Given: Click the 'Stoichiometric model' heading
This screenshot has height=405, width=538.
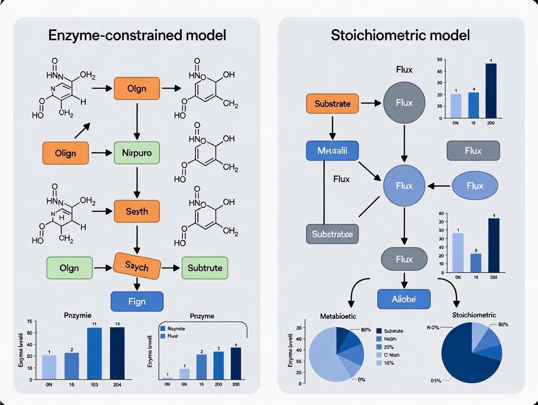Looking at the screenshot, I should coord(400,36).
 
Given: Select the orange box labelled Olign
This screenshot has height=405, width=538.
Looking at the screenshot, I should coord(66,153).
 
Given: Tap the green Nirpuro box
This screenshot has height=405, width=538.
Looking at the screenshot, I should coord(136,153).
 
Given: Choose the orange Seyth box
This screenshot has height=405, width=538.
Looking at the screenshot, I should coord(136,212).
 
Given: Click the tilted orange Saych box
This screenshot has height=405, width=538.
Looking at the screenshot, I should coord(136,266).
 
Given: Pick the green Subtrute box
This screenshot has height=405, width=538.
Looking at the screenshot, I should coord(205,268).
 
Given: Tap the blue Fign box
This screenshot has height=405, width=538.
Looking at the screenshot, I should coord(137,301).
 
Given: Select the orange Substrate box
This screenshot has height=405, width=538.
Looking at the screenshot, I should coord(332,103).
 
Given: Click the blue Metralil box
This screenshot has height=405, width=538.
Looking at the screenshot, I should coord(332,150).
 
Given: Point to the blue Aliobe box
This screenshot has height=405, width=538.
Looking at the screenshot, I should coord(404,299).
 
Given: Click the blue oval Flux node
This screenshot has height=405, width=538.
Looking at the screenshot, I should coord(475,186).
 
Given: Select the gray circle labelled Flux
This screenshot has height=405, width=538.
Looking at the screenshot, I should coord(404,103).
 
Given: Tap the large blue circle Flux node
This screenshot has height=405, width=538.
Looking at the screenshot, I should coord(404,186).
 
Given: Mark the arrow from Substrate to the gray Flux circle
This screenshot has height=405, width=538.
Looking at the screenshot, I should coord(370,103).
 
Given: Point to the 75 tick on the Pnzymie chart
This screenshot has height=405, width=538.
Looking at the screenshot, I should coord(29,322).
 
